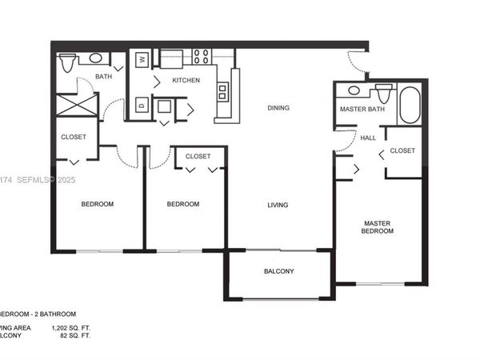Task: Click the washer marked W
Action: pyautogui.click(x=142, y=58)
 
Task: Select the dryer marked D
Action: pyautogui.click(x=142, y=103)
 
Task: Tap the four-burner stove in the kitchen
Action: pyautogui.click(x=201, y=57)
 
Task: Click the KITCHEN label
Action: pyautogui.click(x=186, y=81)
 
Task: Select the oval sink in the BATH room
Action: pyautogui.click(x=96, y=58)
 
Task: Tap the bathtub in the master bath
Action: pyautogui.click(x=409, y=105)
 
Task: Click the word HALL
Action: pyautogui.click(x=368, y=138)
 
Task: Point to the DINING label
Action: pyautogui.click(x=278, y=108)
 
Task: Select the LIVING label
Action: pyautogui.click(x=278, y=205)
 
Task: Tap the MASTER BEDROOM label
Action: pyautogui.click(x=378, y=227)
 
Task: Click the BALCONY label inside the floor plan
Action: pyautogui.click(x=278, y=271)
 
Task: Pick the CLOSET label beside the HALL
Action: pyautogui.click(x=403, y=150)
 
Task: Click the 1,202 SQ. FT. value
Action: pyautogui.click(x=70, y=329)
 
